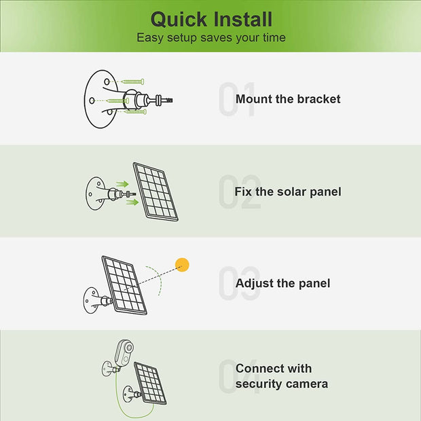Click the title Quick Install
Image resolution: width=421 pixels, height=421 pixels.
point(212,19)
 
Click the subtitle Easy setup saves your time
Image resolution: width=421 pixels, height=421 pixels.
point(211,37)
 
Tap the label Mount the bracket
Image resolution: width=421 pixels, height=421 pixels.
point(288,99)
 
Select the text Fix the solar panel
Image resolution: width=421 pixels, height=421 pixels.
point(288,191)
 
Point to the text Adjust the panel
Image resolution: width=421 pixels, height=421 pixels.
point(282,284)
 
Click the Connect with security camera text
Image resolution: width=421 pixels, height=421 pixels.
point(282,376)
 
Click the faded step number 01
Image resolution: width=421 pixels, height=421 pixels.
point(236,99)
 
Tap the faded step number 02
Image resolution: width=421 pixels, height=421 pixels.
point(240,191)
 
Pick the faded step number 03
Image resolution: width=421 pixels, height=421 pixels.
point(240,284)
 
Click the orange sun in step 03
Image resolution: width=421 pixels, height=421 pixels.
point(182,265)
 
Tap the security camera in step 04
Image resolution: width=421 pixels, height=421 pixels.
point(124,352)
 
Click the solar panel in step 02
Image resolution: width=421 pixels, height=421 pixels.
point(155,191)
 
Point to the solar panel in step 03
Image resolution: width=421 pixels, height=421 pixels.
point(124,285)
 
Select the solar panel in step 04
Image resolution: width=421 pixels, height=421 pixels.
point(150,383)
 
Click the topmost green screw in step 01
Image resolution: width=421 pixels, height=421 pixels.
point(132,81)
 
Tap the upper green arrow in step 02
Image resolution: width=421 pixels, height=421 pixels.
point(122,184)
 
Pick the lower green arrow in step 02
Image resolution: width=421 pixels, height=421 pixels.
point(132,202)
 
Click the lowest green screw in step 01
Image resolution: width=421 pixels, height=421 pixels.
point(135,111)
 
